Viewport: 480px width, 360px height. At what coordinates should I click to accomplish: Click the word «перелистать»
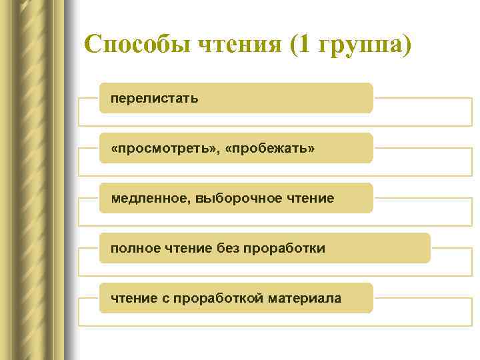[x=155, y=99]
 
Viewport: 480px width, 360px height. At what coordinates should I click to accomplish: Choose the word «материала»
[x=305, y=299]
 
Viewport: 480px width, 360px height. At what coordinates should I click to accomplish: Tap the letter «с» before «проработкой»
[x=166, y=299]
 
